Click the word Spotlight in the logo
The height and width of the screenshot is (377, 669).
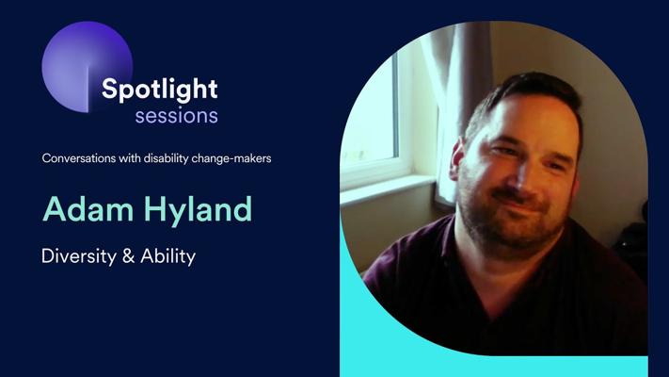160,90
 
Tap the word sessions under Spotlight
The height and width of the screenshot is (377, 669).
177,116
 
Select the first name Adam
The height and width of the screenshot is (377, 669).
88,209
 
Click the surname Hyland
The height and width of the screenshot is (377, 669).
198,210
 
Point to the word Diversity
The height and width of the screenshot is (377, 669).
79,256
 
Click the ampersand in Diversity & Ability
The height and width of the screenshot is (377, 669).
128,256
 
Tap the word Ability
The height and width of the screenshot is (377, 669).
168,256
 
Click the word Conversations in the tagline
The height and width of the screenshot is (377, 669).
79,158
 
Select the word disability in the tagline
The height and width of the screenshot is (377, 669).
166,158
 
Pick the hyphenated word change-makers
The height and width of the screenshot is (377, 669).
231,158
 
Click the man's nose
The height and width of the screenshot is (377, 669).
522,175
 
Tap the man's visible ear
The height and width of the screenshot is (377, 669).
456,159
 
